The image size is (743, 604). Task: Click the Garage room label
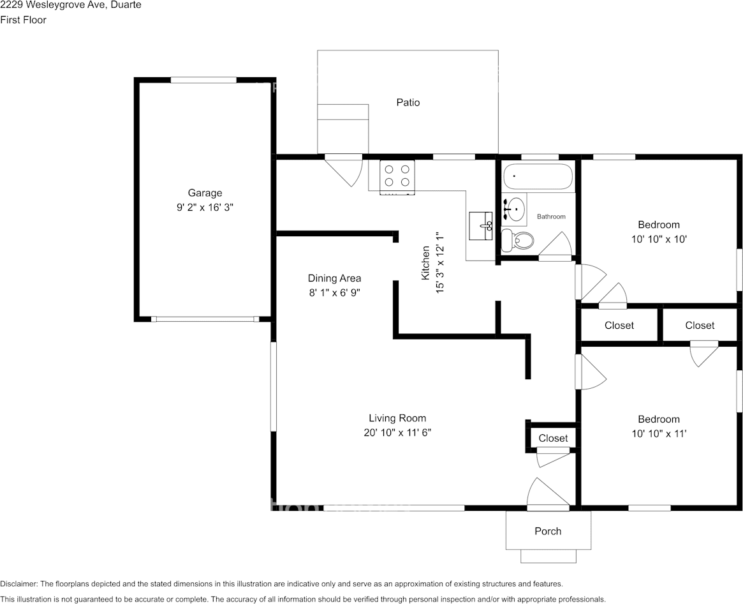point(205,193)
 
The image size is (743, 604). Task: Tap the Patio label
point(408,102)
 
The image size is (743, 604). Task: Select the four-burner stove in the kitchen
point(397,176)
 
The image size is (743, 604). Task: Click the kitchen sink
point(480,225)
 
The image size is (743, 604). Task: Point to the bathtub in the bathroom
point(538,177)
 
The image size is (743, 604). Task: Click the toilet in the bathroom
point(517,241)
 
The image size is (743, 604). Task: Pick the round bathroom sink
point(513,209)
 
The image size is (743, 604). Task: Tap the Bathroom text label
point(551,216)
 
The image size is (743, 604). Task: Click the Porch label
point(548,531)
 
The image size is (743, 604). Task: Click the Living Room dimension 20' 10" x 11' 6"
point(397,432)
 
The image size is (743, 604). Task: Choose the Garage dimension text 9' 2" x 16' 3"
point(205,208)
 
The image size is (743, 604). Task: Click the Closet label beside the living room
point(553,438)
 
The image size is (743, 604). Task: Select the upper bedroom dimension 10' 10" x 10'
point(659,239)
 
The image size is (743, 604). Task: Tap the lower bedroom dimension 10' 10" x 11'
point(659,434)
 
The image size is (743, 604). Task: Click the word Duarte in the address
point(126,5)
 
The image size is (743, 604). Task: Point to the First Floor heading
point(24,20)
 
